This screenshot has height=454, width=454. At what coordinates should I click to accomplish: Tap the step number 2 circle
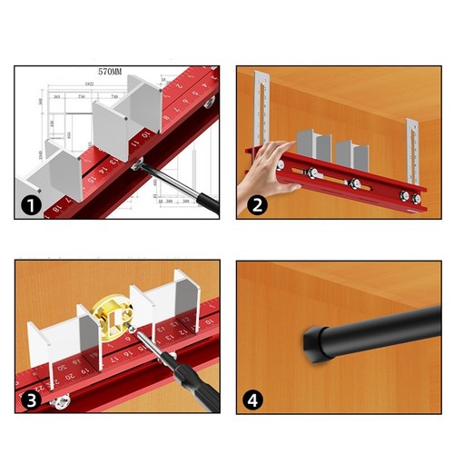[x=258, y=205]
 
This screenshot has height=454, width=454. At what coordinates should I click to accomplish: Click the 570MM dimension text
[x=117, y=70]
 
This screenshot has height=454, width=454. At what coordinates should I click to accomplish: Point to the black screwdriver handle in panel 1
[x=204, y=202]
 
